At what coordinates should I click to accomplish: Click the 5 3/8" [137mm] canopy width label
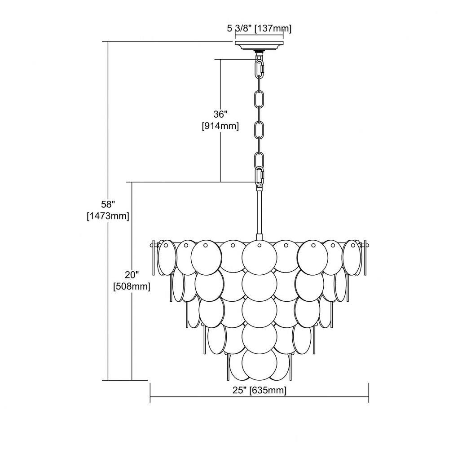(x=259, y=29)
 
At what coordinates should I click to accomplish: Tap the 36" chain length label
(x=220, y=114)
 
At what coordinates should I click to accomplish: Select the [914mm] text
(x=220, y=126)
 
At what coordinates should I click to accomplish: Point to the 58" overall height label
(x=108, y=204)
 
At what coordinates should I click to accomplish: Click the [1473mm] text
(x=108, y=216)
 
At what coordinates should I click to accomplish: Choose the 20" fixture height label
(x=132, y=275)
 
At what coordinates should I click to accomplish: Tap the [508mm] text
(x=132, y=286)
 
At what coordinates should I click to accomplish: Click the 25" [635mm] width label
(x=259, y=390)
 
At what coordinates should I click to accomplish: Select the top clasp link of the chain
(x=260, y=68)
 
